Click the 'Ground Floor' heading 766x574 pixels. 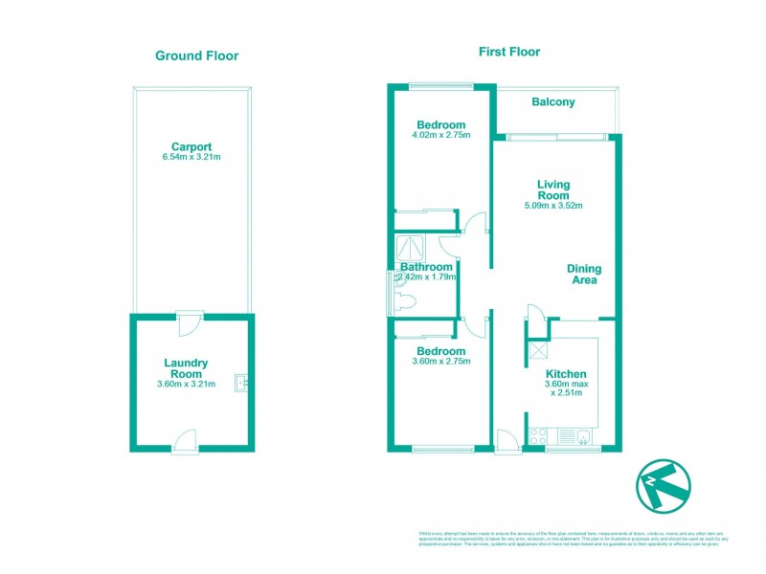196,55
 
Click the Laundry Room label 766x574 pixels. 186,368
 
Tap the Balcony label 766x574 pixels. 552,100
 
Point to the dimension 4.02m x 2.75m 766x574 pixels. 441,137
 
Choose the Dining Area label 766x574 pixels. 582,275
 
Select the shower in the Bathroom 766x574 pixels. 409,248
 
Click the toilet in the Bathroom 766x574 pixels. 406,303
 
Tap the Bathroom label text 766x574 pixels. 427,267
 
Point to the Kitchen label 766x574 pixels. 566,374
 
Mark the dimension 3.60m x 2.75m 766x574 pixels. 441,362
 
